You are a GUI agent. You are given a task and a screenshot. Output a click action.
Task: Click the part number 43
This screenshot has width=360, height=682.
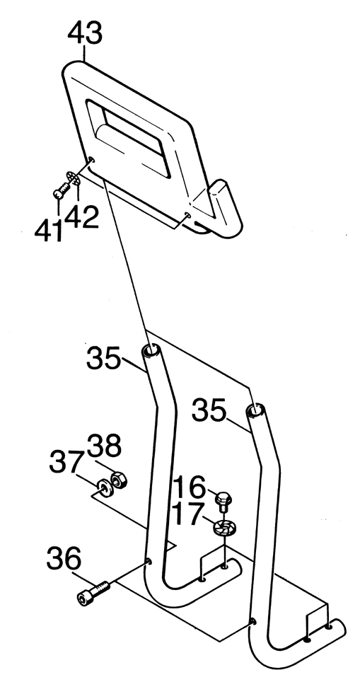[85, 33]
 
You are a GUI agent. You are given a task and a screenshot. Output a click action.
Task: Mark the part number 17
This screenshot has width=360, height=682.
[188, 514]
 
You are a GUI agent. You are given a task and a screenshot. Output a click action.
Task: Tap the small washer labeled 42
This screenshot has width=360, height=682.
[74, 178]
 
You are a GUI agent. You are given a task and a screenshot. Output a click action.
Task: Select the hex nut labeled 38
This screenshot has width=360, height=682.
[118, 480]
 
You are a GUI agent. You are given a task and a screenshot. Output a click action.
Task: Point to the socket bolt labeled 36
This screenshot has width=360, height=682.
[93, 593]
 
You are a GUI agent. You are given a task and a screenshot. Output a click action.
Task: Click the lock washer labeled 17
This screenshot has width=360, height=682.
[224, 528]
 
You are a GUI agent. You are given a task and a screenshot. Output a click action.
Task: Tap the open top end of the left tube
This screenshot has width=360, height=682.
[151, 350]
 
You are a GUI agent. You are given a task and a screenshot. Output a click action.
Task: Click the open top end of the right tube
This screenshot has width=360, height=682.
[255, 410]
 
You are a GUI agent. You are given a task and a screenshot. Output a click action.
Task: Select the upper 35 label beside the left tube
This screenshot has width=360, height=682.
[103, 358]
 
